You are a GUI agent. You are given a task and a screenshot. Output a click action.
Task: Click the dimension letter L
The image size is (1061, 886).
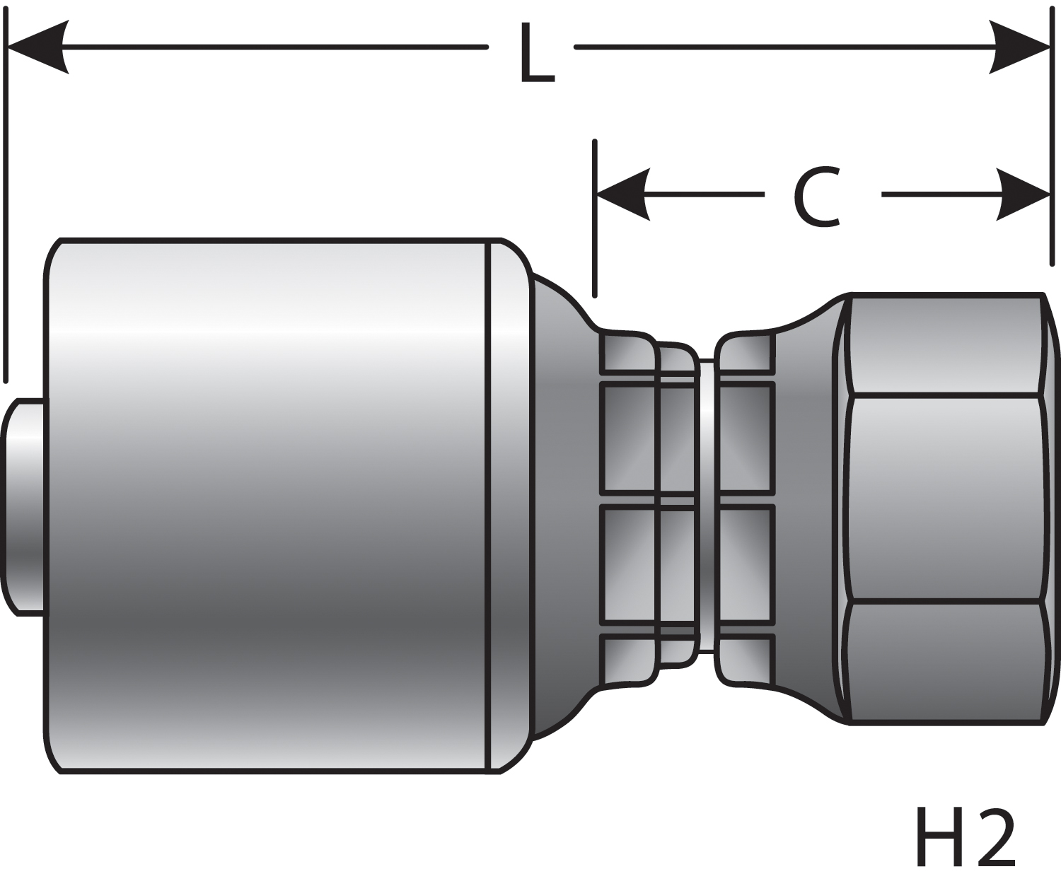tap(535, 52)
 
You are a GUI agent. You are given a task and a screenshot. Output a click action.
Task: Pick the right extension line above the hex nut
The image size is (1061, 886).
tap(1050, 141)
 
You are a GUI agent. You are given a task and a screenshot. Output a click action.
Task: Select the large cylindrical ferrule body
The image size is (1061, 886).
tap(269, 506)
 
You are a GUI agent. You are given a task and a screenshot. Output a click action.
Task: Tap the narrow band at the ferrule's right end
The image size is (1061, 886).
tap(508, 506)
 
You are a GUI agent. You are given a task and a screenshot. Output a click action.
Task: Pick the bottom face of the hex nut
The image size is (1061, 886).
tap(944, 662)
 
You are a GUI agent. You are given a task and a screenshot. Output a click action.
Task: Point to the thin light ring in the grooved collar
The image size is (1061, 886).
tap(705, 506)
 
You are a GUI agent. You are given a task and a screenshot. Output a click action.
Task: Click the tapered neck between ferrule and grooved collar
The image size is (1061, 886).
tap(562, 506)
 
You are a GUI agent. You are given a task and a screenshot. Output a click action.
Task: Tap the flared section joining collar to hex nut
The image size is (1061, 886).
tap(806, 506)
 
